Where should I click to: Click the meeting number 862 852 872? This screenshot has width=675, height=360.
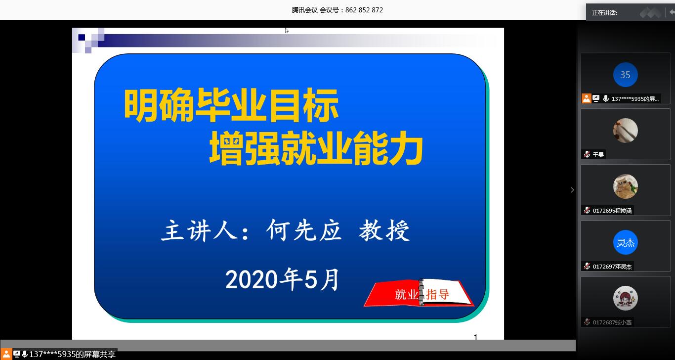pyautogui.click(x=364, y=10)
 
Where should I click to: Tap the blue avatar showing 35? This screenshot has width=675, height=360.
pyautogui.click(x=625, y=75)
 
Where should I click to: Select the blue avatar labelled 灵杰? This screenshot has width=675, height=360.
pyautogui.click(x=625, y=242)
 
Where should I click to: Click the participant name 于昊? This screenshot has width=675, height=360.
pyautogui.click(x=598, y=155)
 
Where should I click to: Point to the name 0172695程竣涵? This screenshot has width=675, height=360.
pyautogui.click(x=612, y=211)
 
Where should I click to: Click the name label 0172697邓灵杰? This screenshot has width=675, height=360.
pyautogui.click(x=612, y=267)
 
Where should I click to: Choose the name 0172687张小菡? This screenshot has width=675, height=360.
pyautogui.click(x=612, y=322)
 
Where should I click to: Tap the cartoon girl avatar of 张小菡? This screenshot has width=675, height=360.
pyautogui.click(x=625, y=298)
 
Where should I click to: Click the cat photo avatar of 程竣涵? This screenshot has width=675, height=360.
pyautogui.click(x=625, y=186)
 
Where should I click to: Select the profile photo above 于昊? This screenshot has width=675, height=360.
pyautogui.click(x=625, y=131)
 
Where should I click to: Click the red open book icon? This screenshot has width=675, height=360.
pyautogui.click(x=419, y=293)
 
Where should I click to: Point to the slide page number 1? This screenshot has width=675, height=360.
pyautogui.click(x=475, y=337)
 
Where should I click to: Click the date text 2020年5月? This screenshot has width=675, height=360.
pyautogui.click(x=282, y=279)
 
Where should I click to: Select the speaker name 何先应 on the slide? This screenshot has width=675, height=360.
pyautogui.click(x=304, y=230)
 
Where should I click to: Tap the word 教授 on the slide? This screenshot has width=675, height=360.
pyautogui.click(x=384, y=230)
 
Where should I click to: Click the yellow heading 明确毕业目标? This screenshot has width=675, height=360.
pyautogui.click(x=231, y=105)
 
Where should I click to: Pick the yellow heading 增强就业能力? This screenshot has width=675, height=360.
pyautogui.click(x=316, y=148)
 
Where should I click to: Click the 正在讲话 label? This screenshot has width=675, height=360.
pyautogui.click(x=604, y=13)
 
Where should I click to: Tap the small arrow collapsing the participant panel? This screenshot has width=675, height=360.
pyautogui.click(x=572, y=190)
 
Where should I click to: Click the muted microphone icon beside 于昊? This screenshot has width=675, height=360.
pyautogui.click(x=587, y=154)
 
